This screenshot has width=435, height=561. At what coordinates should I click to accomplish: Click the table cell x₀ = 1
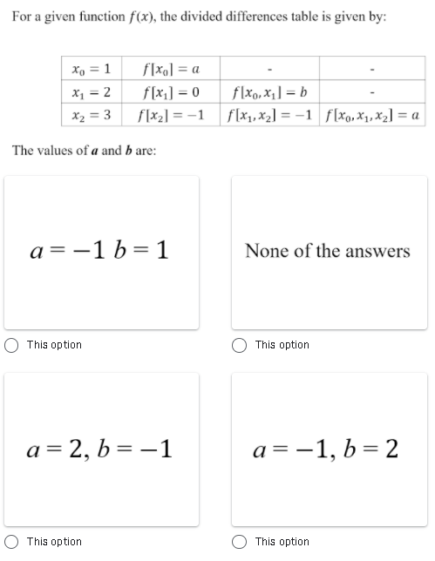pos(91,69)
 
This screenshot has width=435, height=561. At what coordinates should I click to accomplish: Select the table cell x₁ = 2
pos(91,92)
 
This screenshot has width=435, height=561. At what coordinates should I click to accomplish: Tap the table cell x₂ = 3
pos(91,115)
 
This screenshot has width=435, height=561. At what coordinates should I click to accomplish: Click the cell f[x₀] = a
pos(175,69)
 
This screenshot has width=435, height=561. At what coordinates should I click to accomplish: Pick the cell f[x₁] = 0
pos(175,92)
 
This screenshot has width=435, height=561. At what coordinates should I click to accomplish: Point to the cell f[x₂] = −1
pos(173,115)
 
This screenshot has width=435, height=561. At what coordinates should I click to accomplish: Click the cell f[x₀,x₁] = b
pos(269,92)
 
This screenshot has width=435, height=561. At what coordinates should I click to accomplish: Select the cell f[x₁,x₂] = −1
pos(269,115)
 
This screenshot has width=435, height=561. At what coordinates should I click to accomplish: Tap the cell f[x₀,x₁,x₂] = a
pos(372,115)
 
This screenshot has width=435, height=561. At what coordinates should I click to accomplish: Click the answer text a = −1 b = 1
pos(102,251)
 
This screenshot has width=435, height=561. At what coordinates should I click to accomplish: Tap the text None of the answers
pos(328,251)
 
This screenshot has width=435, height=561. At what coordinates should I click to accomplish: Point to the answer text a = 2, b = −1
pos(102,449)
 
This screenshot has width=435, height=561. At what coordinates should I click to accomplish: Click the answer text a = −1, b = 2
pos(328,449)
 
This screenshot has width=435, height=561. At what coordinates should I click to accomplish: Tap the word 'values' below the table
pos(60,150)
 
